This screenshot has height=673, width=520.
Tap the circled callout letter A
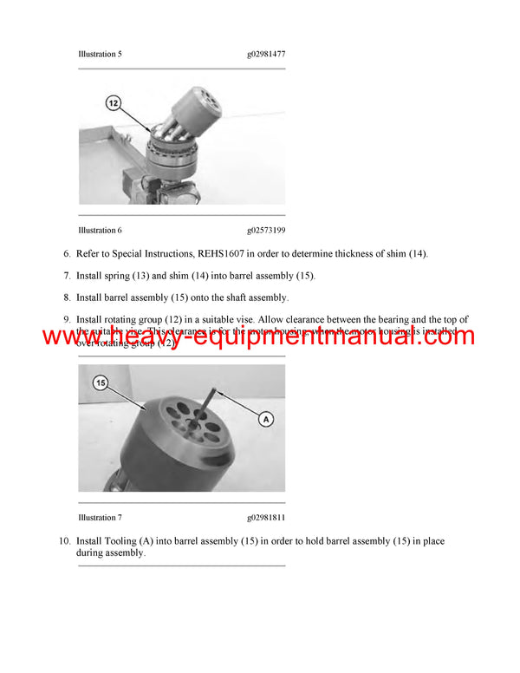[266, 419]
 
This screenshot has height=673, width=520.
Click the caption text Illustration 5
[100, 54]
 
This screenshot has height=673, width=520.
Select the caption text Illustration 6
[100, 230]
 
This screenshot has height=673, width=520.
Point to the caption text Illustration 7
[100, 518]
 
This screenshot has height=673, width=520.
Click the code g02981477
[266, 54]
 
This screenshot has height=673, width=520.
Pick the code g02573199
[266, 230]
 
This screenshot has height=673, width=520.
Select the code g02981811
[266, 518]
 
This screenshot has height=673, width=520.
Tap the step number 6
[66, 253]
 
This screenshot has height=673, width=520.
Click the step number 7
[66, 275]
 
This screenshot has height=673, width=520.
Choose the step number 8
[66, 297]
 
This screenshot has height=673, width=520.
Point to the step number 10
[63, 541]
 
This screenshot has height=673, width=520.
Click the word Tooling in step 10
[116, 541]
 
